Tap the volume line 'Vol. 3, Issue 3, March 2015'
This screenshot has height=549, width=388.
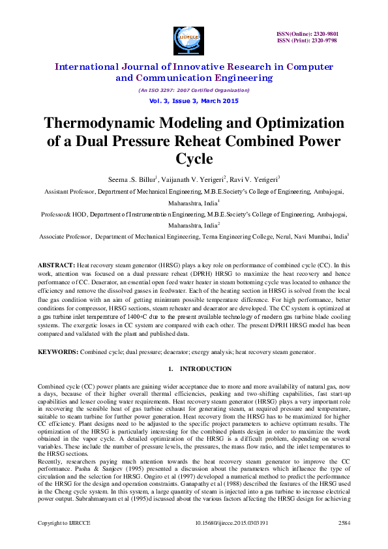pyautogui.click(x=193, y=101)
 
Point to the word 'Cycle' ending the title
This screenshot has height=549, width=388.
pyautogui.click(x=194, y=159)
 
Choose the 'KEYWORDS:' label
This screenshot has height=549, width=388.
pyautogui.click(x=58, y=352)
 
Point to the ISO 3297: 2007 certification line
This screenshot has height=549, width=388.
pyautogui.click(x=193, y=90)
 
